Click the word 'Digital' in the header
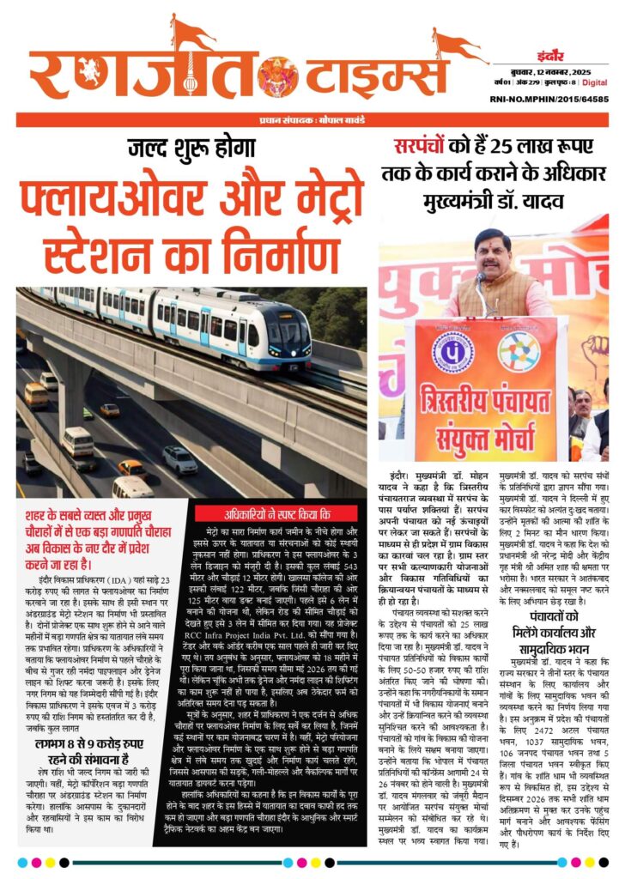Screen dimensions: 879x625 [x=595, y=83]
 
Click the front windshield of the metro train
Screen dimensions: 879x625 [x=285, y=330]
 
